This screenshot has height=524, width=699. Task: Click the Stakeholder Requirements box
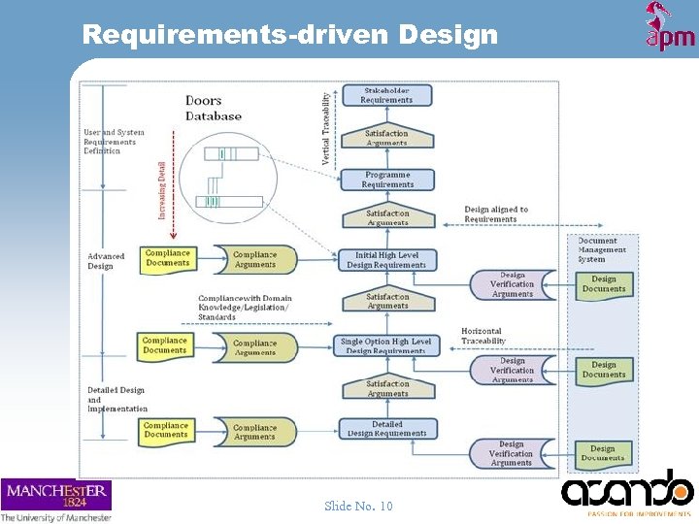[x=386, y=95]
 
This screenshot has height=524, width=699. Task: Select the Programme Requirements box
[x=386, y=180]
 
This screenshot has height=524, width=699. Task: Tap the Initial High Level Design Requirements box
[x=386, y=260]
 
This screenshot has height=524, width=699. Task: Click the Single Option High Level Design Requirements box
[x=385, y=345]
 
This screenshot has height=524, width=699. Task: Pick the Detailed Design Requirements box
[x=386, y=429]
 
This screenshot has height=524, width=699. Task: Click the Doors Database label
[x=214, y=108]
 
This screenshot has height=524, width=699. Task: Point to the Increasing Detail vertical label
[x=161, y=189]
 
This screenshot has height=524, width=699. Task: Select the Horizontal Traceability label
[x=483, y=336]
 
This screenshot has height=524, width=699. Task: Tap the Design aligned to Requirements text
[x=496, y=213]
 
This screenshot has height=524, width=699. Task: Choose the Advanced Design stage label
[x=106, y=261]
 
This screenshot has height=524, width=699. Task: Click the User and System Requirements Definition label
[x=114, y=142]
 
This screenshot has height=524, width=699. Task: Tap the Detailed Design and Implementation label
[x=117, y=400]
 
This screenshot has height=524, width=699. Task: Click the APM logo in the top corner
[x=669, y=26]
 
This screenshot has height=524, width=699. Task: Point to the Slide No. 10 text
[x=358, y=506]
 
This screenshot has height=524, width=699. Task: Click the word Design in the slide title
[x=448, y=35]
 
